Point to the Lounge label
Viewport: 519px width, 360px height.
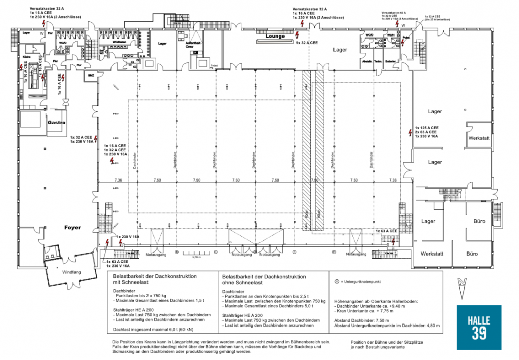pos(275,37)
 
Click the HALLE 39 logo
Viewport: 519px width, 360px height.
pos(478,328)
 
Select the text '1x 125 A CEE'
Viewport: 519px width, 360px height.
pos(427,127)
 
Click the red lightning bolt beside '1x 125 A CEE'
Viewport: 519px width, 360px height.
pos(410,133)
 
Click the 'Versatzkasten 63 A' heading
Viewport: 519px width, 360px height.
pos(395,12)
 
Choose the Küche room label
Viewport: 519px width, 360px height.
pos(26,59)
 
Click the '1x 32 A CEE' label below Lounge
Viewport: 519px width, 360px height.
pos(307,43)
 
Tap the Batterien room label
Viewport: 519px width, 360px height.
pos(391,61)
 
